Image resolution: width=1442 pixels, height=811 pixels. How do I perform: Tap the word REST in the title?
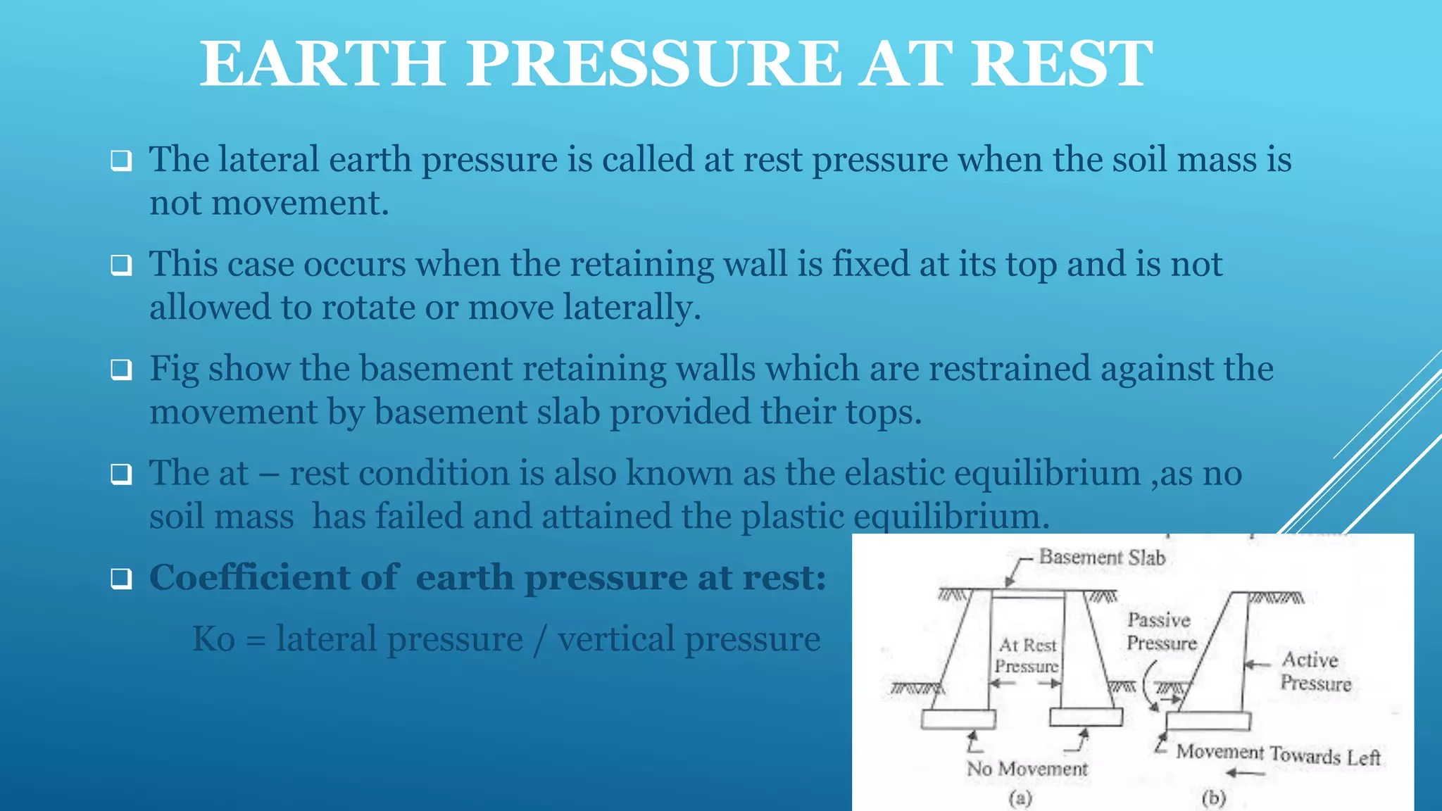coord(1062,65)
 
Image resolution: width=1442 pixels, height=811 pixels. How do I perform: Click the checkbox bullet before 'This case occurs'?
coord(121,266)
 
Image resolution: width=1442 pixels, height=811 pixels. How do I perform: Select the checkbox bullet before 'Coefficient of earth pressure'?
coord(121,579)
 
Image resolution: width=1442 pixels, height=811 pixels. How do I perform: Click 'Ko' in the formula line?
coord(214,639)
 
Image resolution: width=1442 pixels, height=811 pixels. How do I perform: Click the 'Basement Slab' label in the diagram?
coord(1102,558)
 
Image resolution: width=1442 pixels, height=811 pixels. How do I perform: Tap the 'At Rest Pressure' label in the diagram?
coord(1027,655)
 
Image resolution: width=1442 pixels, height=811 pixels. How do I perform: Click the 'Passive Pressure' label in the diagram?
coord(1161,631)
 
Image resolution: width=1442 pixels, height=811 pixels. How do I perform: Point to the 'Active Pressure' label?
coord(1315,671)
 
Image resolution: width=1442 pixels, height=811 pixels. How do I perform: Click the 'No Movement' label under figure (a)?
coord(1027,769)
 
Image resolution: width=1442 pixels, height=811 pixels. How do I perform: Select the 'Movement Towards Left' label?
coord(1278,755)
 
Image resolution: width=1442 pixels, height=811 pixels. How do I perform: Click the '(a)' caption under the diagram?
coord(1020,798)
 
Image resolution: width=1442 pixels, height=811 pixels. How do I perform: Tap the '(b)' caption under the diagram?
coord(1214,798)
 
